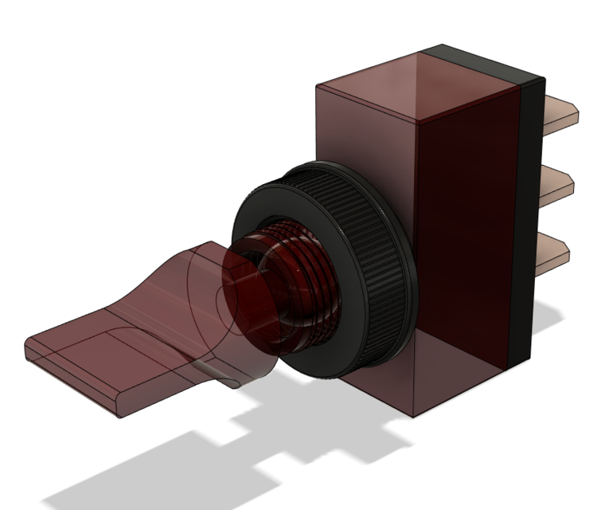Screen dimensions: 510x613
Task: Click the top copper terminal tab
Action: pyautogui.click(x=561, y=112)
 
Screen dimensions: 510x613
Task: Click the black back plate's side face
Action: pyautogui.click(x=529, y=223)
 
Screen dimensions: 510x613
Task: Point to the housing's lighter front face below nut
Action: pyautogui.click(x=374, y=390)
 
